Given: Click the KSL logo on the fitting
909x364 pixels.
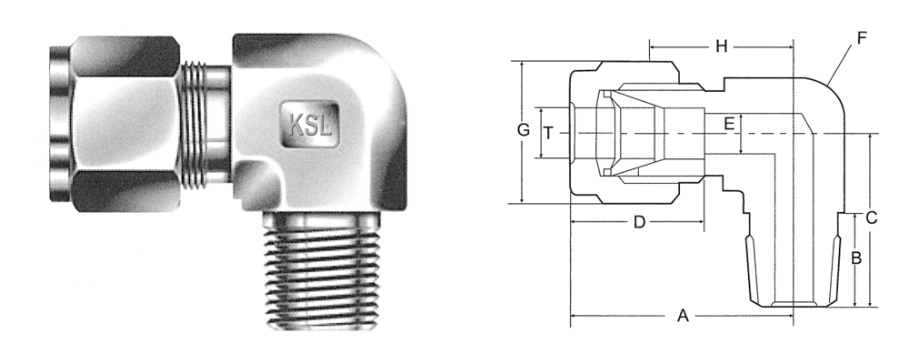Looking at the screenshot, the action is [x=311, y=125].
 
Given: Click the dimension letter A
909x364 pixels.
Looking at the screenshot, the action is [x=683, y=316].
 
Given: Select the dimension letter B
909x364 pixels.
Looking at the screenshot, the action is [x=856, y=258].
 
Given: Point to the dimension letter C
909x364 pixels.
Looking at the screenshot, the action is [x=872, y=218].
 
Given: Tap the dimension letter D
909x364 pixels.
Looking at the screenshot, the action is [x=639, y=222].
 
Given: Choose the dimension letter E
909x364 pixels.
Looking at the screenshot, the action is [x=729, y=124].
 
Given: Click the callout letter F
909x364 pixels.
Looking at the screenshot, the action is [x=862, y=38].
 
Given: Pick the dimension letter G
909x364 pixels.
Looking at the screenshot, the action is [x=524, y=130].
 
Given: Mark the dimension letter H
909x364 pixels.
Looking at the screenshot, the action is [x=721, y=46].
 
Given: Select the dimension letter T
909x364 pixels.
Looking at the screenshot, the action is [x=548, y=133].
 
